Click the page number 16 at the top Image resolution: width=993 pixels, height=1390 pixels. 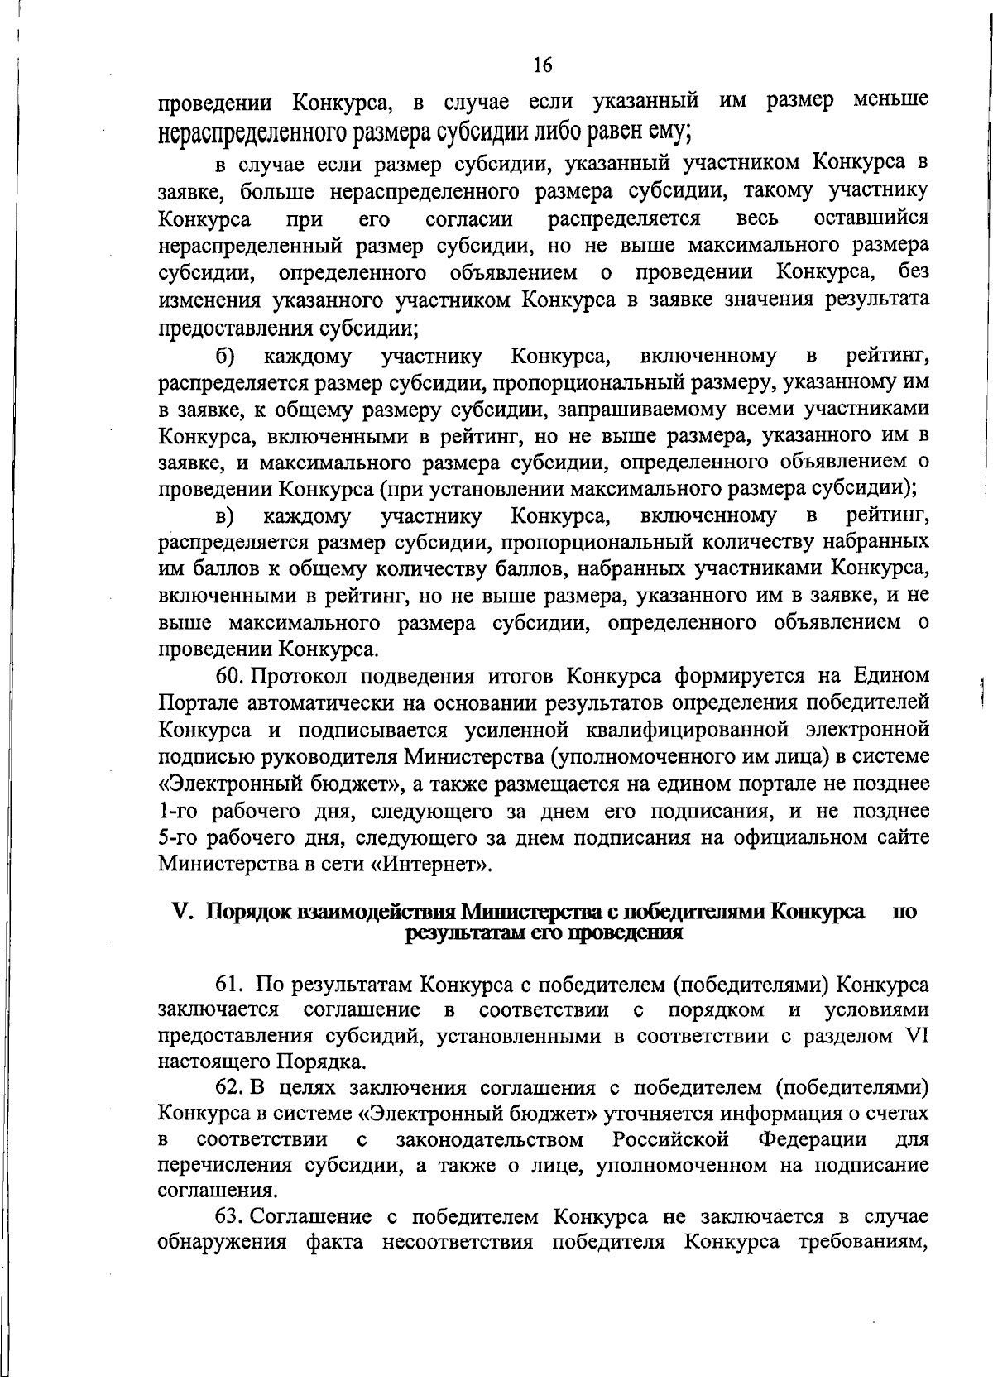(543, 65)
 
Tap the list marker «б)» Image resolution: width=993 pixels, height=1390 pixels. (225, 357)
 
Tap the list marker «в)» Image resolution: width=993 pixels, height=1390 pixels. (225, 516)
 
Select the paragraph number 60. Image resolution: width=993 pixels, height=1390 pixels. (230, 676)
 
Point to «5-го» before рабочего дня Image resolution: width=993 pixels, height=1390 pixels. (175, 837)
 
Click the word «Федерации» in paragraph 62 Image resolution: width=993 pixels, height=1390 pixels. (812, 1139)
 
